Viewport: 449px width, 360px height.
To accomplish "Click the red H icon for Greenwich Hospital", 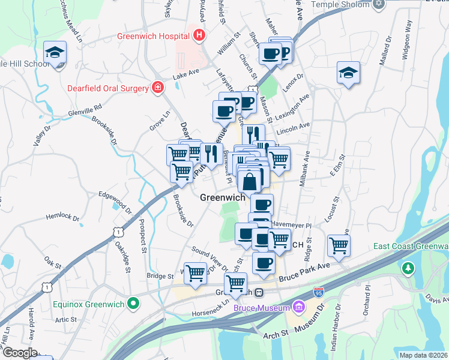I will (199, 36).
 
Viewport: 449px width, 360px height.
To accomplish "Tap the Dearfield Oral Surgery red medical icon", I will (157, 88).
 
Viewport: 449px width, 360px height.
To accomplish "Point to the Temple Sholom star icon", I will (378, 5).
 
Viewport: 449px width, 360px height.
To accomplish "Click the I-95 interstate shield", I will (318, 294).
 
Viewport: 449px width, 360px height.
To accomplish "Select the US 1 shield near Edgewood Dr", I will (119, 230).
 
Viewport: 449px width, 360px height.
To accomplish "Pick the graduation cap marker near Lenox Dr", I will (348, 73).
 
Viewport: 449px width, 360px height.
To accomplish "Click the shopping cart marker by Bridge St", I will (195, 272).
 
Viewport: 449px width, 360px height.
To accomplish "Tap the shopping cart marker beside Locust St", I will (339, 245).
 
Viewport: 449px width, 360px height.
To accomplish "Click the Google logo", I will (19, 352).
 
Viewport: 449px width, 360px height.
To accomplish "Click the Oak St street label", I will (52, 262).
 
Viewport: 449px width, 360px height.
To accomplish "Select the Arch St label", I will (276, 335).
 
